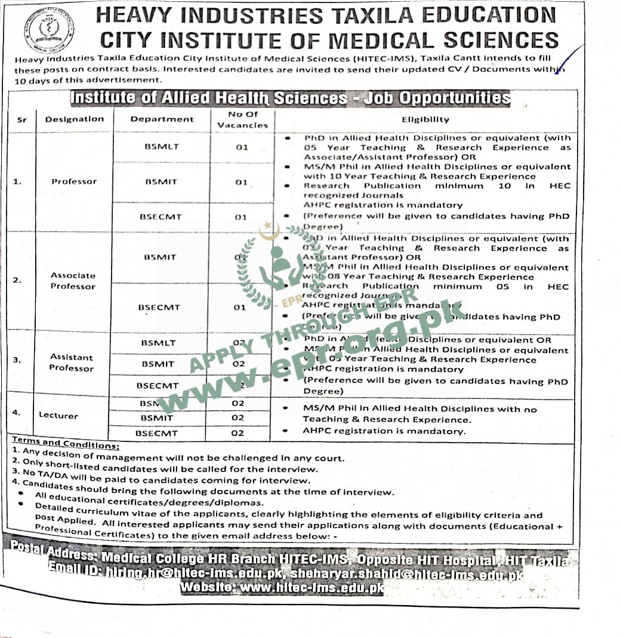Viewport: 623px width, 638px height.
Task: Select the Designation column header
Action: [74, 119]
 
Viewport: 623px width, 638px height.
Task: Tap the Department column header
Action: [162, 119]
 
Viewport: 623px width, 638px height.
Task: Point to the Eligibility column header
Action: [425, 119]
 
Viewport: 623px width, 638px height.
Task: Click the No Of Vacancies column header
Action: [242, 119]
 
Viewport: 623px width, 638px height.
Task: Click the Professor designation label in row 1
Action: [74, 181]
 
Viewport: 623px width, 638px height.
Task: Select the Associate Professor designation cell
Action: [73, 281]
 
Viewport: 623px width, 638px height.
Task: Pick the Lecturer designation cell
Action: [58, 415]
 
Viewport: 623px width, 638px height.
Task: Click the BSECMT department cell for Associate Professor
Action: [159, 307]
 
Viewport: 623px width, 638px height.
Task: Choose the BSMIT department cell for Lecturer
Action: [158, 418]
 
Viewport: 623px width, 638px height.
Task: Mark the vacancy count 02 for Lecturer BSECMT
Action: [238, 433]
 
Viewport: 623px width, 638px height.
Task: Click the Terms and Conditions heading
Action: [66, 444]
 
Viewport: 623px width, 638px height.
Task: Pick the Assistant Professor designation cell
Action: [72, 362]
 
